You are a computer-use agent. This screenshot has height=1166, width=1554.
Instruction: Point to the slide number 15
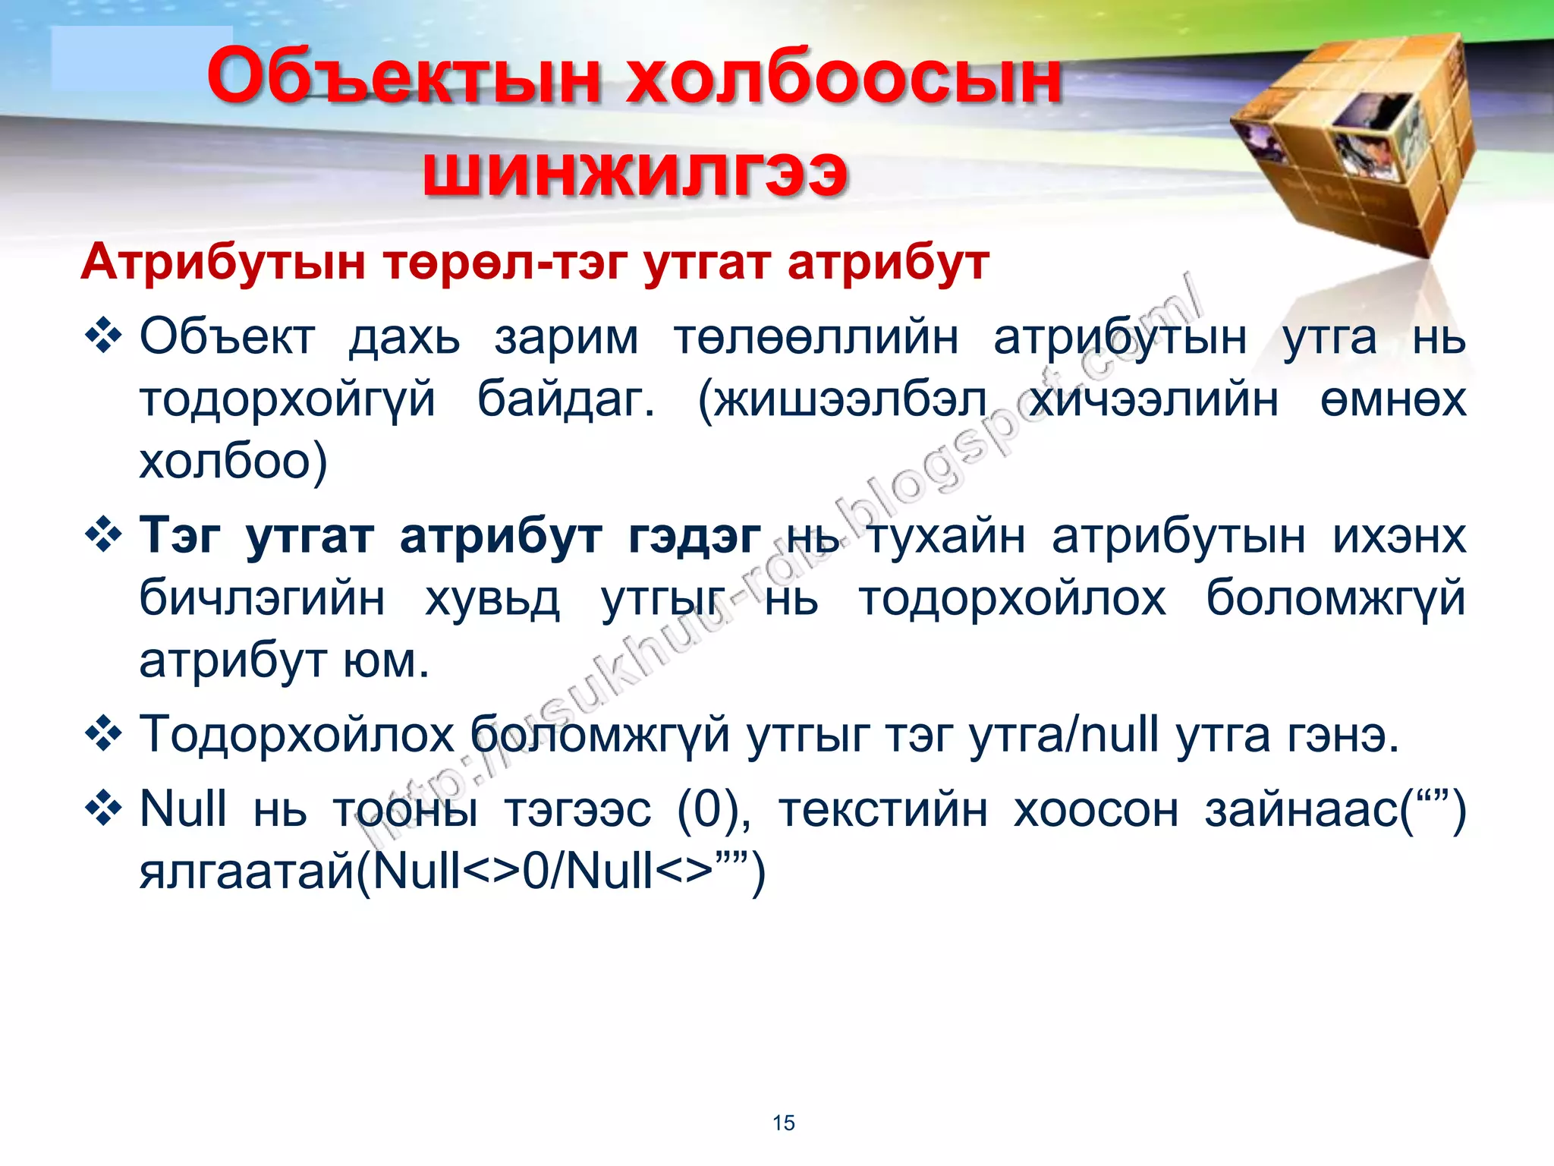click(783, 1123)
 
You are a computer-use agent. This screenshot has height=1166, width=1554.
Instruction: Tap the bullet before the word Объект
click(104, 337)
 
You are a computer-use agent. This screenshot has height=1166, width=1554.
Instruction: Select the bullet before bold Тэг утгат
click(104, 536)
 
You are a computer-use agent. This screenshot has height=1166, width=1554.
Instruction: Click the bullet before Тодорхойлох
click(104, 735)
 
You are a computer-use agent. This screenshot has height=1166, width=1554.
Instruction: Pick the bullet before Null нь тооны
click(104, 808)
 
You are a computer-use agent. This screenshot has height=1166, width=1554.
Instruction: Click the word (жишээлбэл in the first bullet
click(842, 400)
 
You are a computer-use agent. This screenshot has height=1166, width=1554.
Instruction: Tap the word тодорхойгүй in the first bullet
click(288, 400)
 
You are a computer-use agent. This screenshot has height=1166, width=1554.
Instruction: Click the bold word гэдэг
click(694, 536)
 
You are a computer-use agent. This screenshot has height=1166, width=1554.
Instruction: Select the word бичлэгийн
click(262, 598)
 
